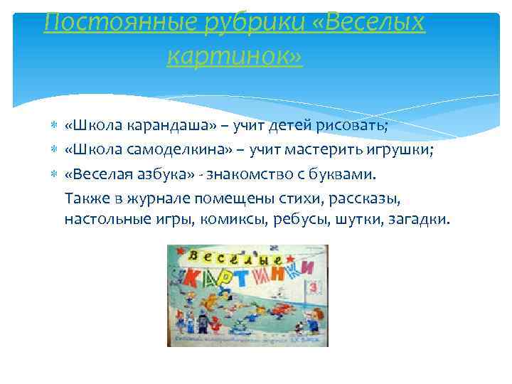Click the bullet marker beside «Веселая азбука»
(x=54, y=174)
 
